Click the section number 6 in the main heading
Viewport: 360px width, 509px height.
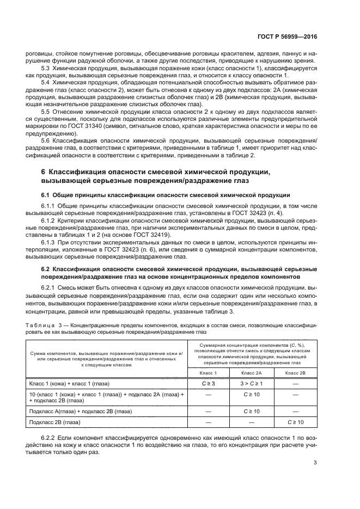45,171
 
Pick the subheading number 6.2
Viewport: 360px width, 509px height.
46,269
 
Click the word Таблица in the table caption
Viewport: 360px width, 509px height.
39,324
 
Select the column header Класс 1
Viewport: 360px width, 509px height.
208,372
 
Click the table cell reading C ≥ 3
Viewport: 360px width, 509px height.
208,384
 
